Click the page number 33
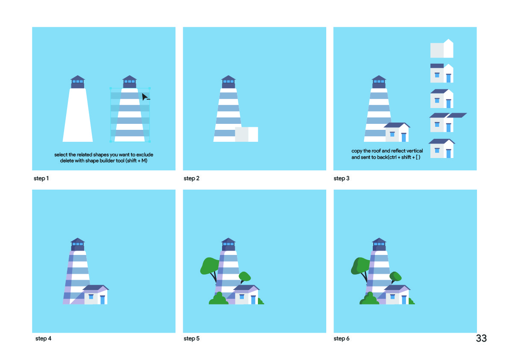pos(481,338)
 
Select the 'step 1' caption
pos(41,178)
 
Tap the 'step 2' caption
pos(192,178)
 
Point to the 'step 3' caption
pos(342,178)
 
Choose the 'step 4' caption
pos(43,338)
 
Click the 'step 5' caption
pos(192,338)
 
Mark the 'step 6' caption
pos(342,338)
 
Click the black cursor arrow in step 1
pos(145,97)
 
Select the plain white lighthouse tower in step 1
pos(78,115)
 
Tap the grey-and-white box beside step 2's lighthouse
pos(246,135)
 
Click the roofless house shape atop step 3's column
pos(442,48)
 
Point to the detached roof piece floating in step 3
pos(457,115)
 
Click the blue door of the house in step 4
pos(102,300)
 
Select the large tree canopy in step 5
pos(210,266)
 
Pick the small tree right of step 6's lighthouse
pos(395,277)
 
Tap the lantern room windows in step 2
pos(228,82)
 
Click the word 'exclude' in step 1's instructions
pos(145,155)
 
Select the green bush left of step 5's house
pos(219,299)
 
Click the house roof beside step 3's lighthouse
pos(397,125)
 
